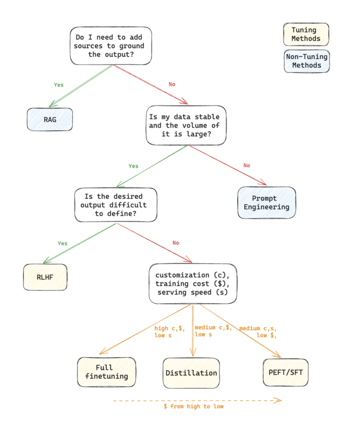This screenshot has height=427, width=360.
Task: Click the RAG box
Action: pyautogui.click(x=50, y=120)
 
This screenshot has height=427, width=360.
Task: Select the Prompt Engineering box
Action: pyautogui.click(x=267, y=202)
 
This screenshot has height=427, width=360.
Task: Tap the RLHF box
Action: pyautogui.click(x=45, y=277)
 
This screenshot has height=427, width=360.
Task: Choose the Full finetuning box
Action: pyautogui.click(x=107, y=372)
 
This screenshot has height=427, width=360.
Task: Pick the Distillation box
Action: pyautogui.click(x=191, y=372)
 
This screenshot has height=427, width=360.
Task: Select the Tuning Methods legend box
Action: pyautogui.click(x=306, y=35)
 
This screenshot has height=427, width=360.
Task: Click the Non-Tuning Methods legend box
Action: pyautogui.click(x=307, y=61)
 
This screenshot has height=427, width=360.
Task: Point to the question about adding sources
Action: pyautogui.click(x=110, y=46)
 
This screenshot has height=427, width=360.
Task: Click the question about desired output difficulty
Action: pyautogui.click(x=116, y=204)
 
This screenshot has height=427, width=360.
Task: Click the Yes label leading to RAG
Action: pyautogui.click(x=59, y=85)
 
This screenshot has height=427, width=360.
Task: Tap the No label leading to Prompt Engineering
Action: pyautogui.click(x=247, y=166)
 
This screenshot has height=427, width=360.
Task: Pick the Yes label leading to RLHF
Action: pyautogui.click(x=62, y=243)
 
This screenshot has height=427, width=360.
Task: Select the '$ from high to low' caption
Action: pyautogui.click(x=193, y=406)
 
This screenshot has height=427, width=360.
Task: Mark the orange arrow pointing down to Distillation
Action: pyautogui.click(x=192, y=334)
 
